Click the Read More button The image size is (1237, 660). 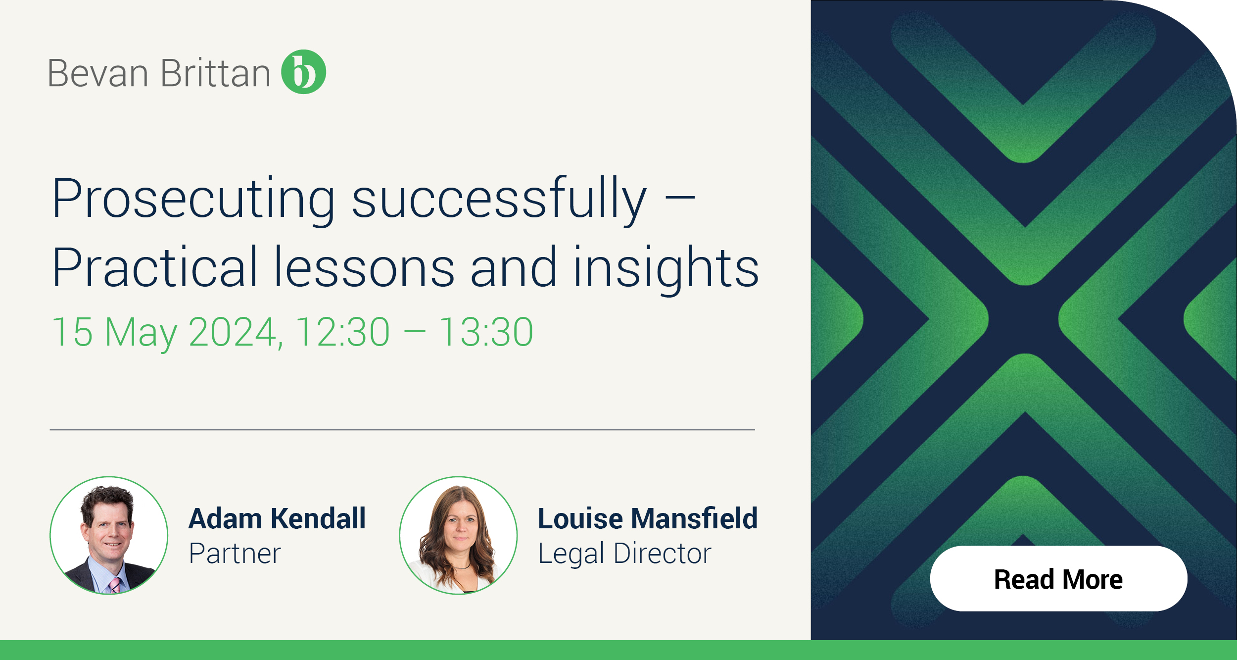1058,578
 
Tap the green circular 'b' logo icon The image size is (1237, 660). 303,72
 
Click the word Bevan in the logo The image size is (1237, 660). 98,73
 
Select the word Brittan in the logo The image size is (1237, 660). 215,73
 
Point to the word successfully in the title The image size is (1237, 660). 499,200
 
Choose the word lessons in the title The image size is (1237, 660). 364,267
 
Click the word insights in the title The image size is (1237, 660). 666,270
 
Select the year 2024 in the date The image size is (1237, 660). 236,332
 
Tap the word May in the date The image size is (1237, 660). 141,334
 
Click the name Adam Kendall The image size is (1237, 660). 278,518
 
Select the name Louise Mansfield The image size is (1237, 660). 648,518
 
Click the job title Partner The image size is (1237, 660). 235,554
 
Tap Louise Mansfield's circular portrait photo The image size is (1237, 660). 458,535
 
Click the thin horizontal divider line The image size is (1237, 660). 402,430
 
